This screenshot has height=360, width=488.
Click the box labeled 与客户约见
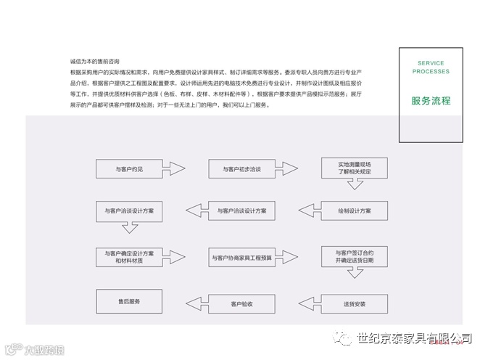click(129, 169)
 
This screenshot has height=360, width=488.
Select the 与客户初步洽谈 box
click(241, 169)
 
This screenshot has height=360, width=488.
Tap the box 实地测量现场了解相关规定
click(353, 168)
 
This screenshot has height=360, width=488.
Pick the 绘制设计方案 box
click(353, 211)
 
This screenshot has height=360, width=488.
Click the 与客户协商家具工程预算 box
click(241, 258)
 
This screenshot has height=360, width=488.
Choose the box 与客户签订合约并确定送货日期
click(353, 256)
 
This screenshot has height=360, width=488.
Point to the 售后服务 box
click(129, 301)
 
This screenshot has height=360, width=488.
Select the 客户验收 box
click(241, 303)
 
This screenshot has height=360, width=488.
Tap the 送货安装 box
click(354, 303)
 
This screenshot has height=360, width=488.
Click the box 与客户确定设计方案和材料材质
click(129, 257)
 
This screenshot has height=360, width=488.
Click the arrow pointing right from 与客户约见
click(176, 169)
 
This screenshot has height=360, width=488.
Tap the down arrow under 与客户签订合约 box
click(354, 274)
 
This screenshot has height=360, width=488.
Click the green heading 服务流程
click(430, 101)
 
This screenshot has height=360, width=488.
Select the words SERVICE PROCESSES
click(431, 67)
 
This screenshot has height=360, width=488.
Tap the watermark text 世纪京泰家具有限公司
click(414, 339)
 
